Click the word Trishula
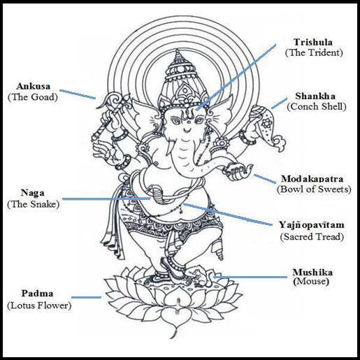coord(313,42)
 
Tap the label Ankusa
coord(34,86)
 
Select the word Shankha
coord(315,96)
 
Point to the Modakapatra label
coord(312,179)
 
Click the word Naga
coord(32,193)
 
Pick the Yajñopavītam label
coord(312,225)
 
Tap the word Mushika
coord(312,272)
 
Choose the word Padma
coord(37,293)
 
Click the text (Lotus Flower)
coord(39,305)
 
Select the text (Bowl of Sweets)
coord(314,189)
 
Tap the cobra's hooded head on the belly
coord(154,190)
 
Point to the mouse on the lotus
coord(201,277)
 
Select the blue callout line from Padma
coord(86,297)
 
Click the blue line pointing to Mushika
coord(250,277)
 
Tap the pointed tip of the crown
coord(178,50)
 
